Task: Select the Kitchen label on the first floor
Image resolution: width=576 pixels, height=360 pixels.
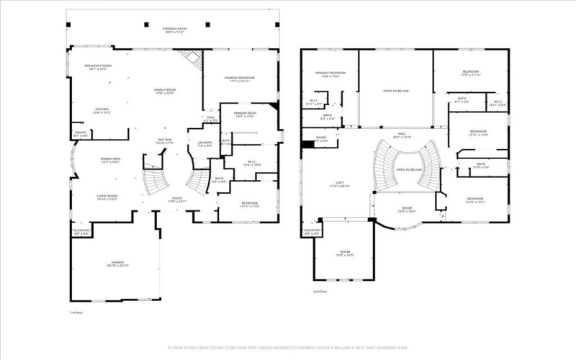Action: coord(102,111)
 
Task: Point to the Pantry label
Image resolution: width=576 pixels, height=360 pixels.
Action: coord(80,134)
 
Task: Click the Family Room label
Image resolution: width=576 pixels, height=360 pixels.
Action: coord(164,91)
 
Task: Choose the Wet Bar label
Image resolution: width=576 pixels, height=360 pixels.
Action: coord(165,141)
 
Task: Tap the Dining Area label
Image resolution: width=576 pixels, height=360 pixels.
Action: coord(110,161)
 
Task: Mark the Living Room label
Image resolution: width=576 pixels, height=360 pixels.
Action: coord(107,197)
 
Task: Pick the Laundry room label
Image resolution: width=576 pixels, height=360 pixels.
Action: coord(205,144)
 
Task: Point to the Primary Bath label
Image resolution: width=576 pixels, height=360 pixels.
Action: coord(245,114)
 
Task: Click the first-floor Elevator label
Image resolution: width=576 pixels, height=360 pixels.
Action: coord(81,232)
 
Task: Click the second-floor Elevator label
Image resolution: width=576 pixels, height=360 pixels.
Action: coord(312,233)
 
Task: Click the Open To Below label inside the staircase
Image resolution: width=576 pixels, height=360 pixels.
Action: coord(408,170)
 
